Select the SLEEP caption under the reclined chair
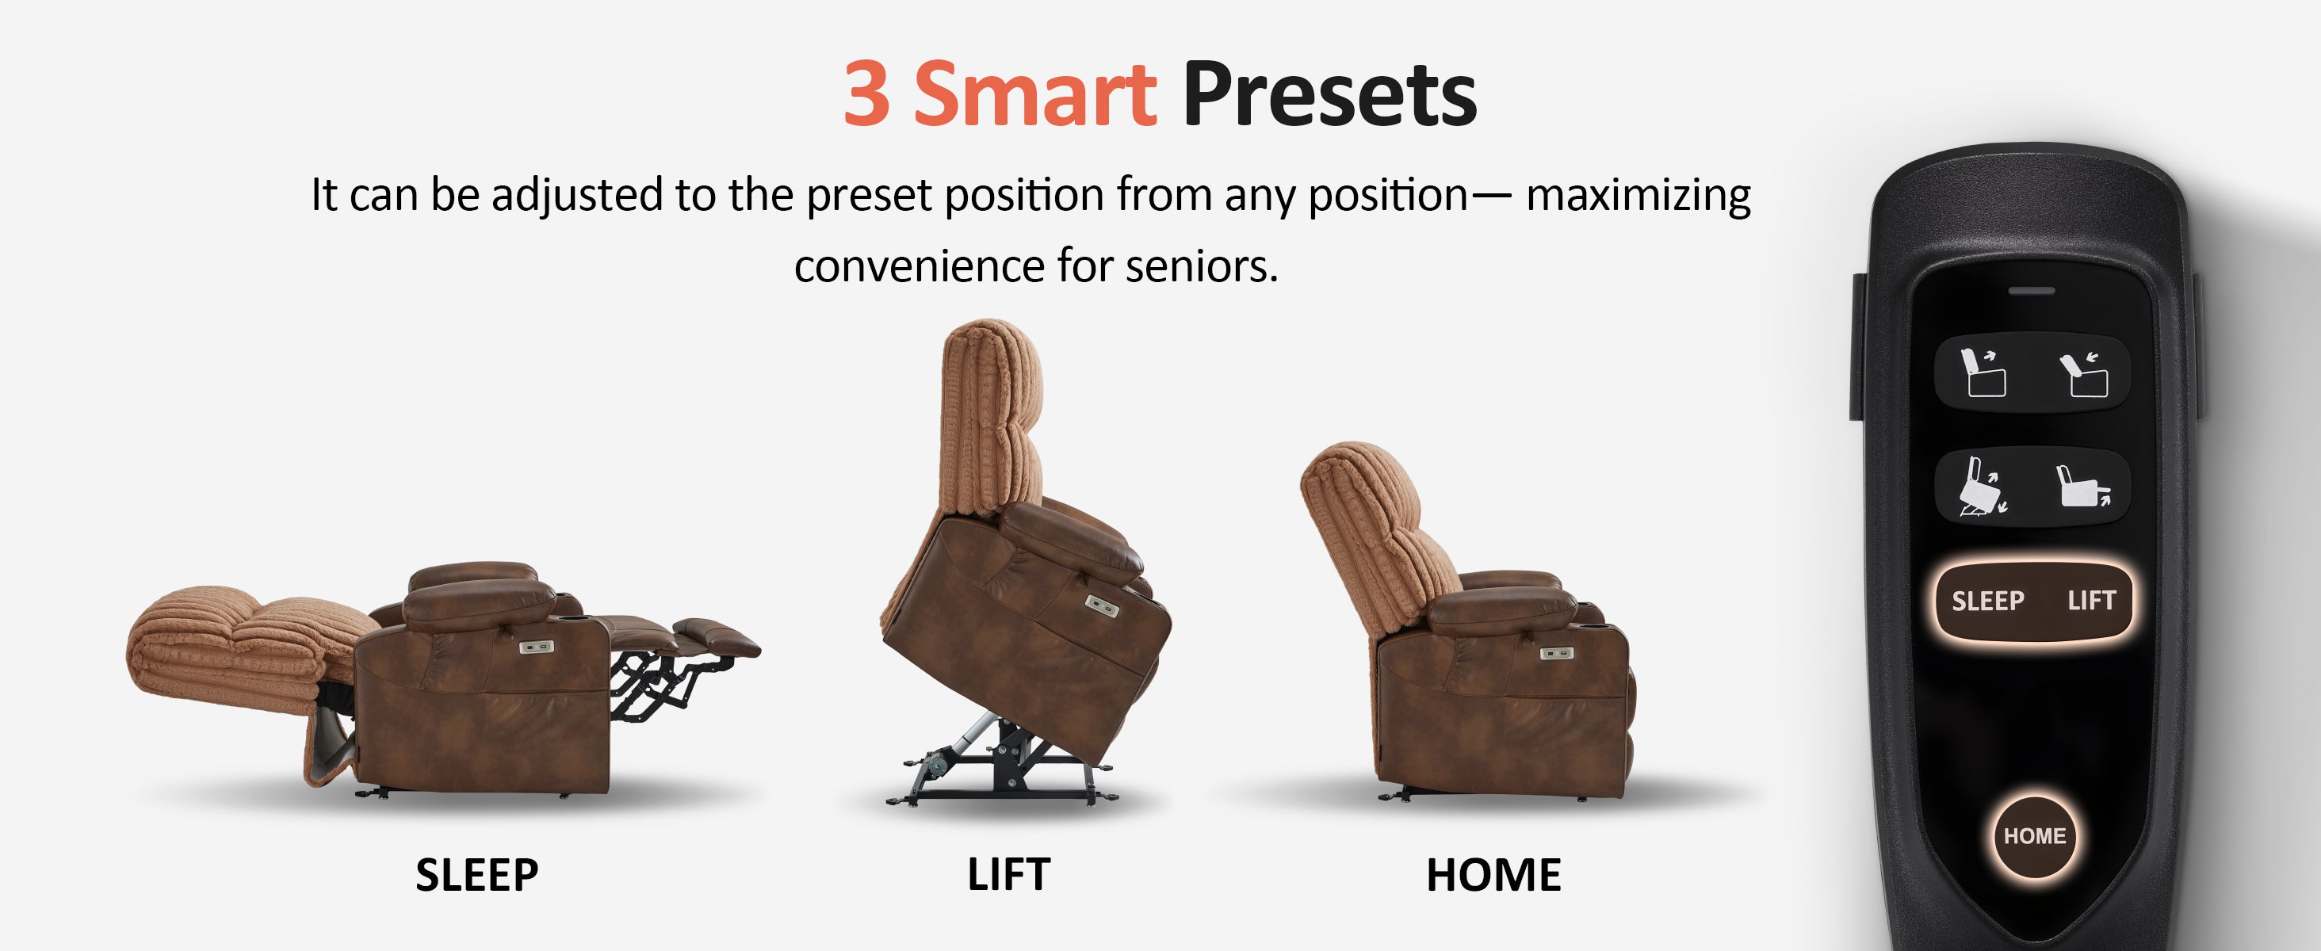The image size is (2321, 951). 476,874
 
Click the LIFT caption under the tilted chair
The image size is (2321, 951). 1008,874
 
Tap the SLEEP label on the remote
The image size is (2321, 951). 1987,601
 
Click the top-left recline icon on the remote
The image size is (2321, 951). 1983,372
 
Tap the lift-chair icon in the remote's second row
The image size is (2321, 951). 1983,487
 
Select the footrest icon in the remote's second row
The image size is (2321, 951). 2083,487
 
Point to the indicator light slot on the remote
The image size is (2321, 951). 2032,291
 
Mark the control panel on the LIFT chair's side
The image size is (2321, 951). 1101,605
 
